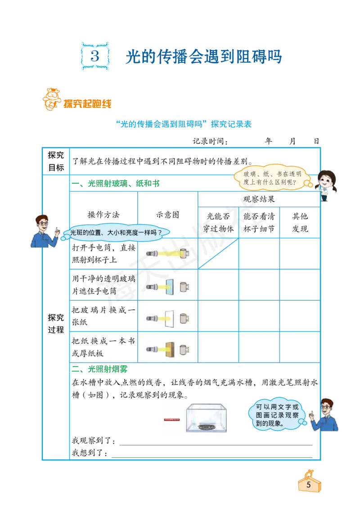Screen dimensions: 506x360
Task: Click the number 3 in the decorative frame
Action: (x=95, y=56)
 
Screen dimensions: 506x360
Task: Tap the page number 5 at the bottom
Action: (x=309, y=484)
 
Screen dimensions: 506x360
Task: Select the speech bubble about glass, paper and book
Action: (x=272, y=178)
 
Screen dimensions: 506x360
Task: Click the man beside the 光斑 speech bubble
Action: (x=44, y=232)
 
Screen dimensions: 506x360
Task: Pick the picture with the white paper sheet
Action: (x=167, y=319)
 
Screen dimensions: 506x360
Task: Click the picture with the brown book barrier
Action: (x=167, y=349)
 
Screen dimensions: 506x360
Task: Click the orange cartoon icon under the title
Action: (x=51, y=99)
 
